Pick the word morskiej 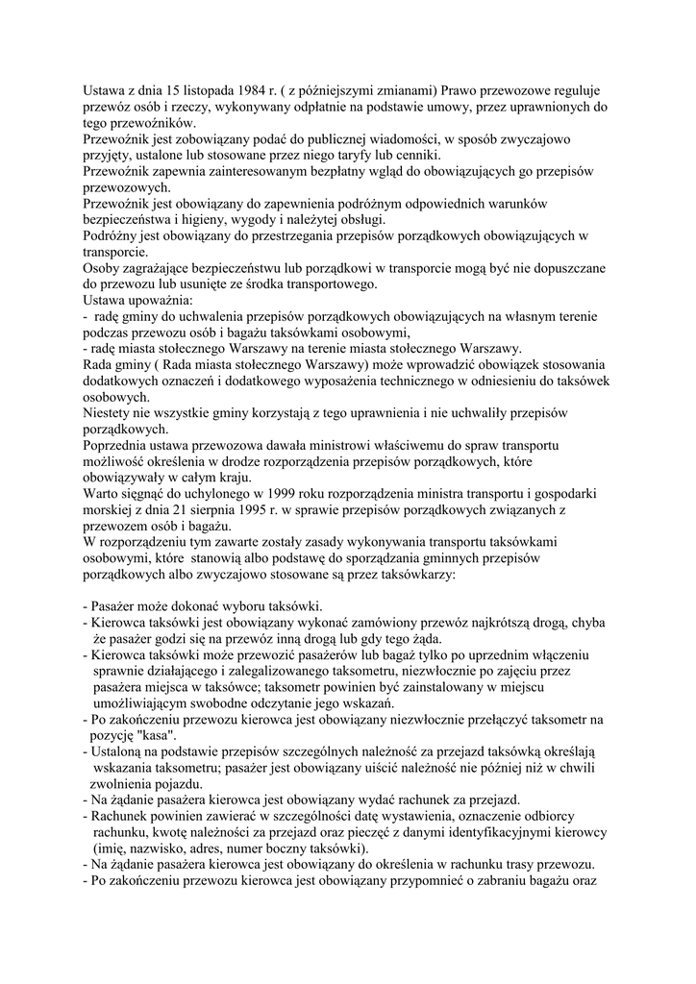110,509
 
